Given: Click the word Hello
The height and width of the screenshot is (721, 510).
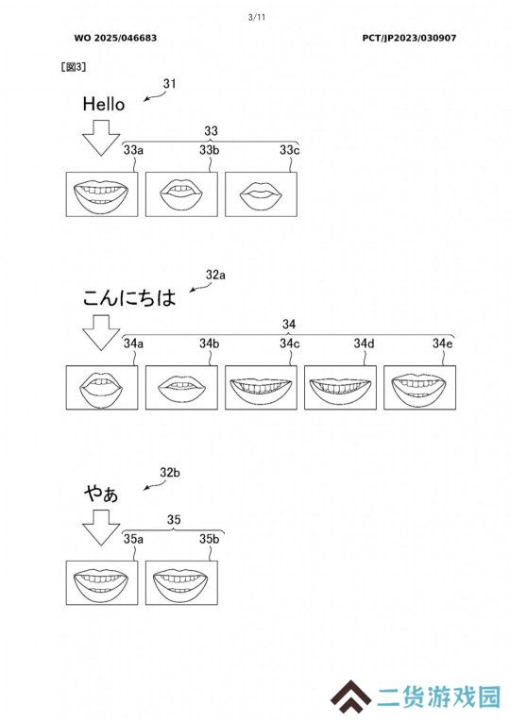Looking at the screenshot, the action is coord(104,104).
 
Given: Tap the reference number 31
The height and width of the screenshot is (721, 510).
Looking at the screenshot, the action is coord(169,83).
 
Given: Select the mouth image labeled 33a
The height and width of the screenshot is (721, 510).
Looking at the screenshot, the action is coord(102,194).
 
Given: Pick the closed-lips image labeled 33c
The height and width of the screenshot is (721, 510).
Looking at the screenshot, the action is coord(261,194).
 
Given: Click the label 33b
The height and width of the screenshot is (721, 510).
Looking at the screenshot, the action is coord(209,149).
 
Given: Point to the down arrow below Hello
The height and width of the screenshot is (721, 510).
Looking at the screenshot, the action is coord(101,138).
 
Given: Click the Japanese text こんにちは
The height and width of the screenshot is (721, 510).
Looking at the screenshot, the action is coord(129,297).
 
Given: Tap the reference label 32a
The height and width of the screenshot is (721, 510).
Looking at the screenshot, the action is coord(215,275).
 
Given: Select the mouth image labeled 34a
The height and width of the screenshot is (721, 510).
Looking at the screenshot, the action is coord(102,387).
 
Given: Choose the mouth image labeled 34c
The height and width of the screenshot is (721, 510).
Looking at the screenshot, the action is coord(261,387).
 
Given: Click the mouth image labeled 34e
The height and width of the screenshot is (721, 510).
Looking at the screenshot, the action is coord(419,387).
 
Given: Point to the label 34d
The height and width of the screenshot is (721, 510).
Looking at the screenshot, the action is coord(364,343).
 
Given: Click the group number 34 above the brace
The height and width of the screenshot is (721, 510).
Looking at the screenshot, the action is coord(289,324).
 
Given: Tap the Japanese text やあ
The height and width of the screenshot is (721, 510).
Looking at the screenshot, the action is coord(101,494).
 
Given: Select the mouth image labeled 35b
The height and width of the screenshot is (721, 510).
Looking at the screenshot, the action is coord(181,582).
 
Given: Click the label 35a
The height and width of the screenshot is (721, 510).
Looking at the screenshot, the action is coord(133,539).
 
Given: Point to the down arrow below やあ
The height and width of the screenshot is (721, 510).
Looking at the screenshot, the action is coord(101,528).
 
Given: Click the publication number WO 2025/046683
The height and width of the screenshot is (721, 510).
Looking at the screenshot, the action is coord(115,38).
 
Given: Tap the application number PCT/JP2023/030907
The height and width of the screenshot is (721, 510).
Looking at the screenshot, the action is coord(409,38).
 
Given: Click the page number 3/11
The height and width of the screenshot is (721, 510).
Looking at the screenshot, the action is coord(257,18).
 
